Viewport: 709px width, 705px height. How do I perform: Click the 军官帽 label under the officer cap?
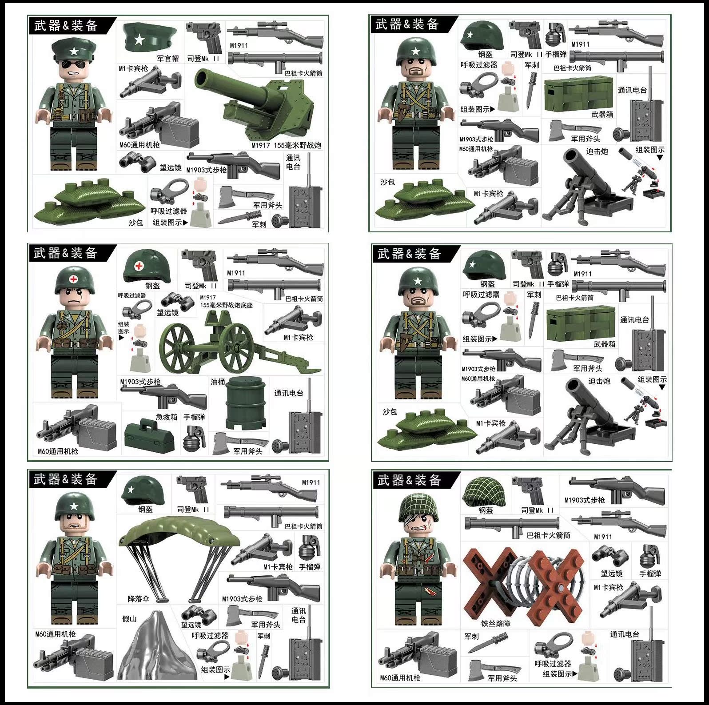pos(167,58)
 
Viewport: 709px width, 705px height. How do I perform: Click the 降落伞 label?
pos(138,599)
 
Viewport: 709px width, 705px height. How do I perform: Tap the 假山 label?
pos(129,618)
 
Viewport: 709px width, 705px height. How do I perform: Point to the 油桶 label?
pos(218,382)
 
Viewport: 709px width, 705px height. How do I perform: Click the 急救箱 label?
pos(167,417)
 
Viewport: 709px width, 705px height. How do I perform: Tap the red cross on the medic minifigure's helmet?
pos(74,281)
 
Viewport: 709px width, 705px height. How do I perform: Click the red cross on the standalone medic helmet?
pos(139,266)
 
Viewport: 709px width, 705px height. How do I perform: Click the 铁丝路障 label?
pos(496,624)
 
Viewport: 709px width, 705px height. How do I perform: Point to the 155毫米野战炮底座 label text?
pos(227,305)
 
